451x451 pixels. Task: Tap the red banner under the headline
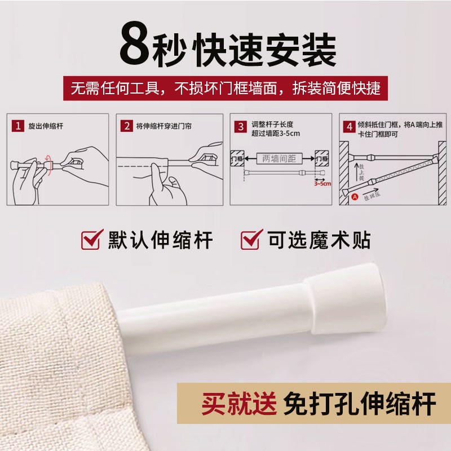(225, 89)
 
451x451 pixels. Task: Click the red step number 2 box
(127, 126)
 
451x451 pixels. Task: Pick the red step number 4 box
(350, 126)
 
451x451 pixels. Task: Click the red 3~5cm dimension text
(322, 183)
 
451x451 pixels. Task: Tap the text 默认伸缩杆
(161, 241)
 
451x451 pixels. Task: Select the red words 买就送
(239, 405)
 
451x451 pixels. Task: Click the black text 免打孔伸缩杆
(361, 405)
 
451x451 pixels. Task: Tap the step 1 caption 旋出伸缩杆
(46, 126)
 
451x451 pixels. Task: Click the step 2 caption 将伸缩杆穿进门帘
(164, 126)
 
